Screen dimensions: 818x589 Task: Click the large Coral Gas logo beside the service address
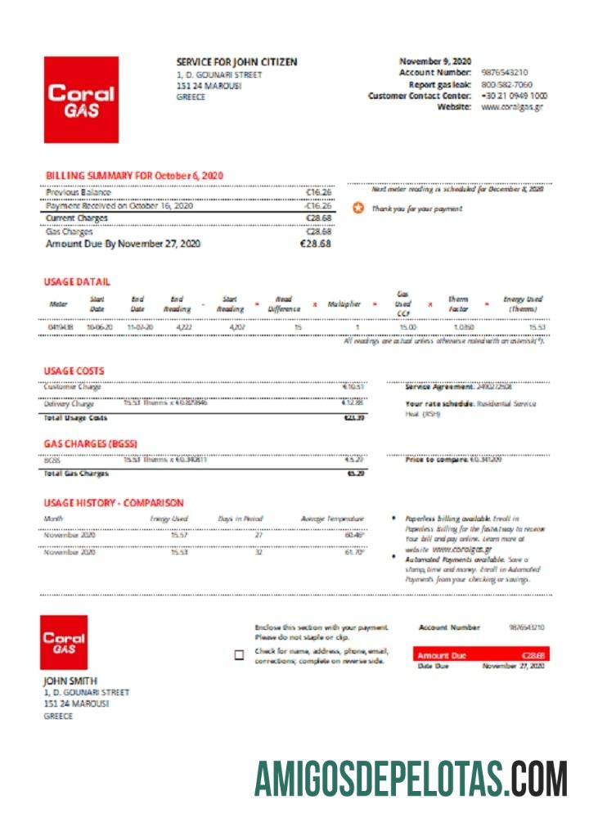(81, 99)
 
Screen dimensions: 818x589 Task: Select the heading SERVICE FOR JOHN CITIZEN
(236, 62)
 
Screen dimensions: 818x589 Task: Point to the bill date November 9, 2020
(435, 61)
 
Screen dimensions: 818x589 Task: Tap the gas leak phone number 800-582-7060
(506, 84)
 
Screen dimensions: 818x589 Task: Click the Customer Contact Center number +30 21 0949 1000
(514, 96)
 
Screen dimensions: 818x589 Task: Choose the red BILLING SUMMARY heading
(134, 176)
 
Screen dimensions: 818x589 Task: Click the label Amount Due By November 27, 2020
(123, 244)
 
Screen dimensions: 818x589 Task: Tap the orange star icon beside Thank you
(357, 209)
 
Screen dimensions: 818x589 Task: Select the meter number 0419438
(60, 327)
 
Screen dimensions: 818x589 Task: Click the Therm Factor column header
(457, 304)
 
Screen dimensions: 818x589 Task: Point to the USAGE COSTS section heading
(74, 371)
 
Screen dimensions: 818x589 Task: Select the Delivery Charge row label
(70, 403)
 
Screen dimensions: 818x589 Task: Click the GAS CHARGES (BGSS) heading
(90, 444)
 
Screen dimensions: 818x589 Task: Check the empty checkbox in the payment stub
(239, 655)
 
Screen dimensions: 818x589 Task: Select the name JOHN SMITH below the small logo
(70, 681)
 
